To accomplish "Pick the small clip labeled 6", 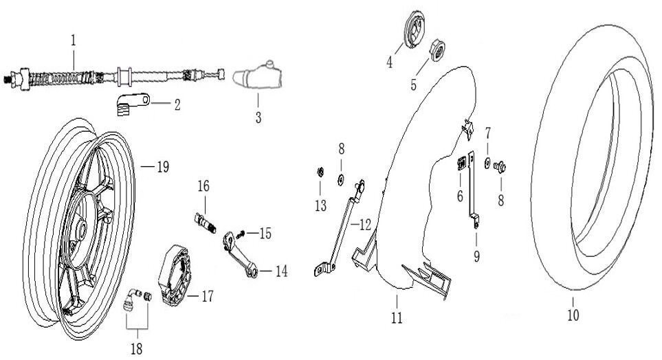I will (462, 163).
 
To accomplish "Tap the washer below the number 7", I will (487, 164).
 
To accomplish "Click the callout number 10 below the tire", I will (573, 315).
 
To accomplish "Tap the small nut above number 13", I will (320, 170).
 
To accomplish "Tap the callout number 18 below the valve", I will (137, 349).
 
